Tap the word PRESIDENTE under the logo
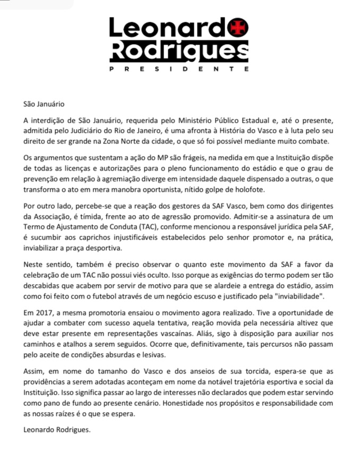coord(179,69)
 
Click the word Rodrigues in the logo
coord(179,51)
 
